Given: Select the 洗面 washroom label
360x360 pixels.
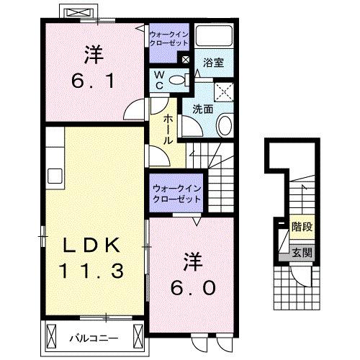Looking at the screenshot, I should click(202, 109).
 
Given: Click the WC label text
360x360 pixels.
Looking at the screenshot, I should click(160, 80).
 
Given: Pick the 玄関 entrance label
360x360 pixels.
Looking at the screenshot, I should click(301, 252).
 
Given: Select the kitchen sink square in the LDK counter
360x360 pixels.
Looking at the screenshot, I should click(53, 176).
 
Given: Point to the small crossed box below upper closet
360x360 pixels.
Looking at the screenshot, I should click(186, 60).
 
